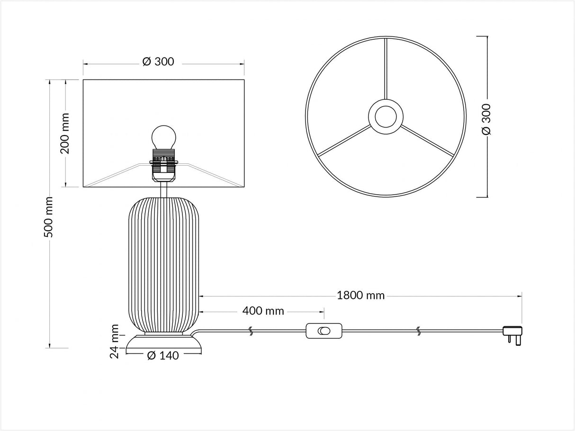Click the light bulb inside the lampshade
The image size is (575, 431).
click(x=164, y=137)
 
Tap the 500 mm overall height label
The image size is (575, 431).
click(x=48, y=217)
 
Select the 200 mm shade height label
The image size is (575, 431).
click(x=64, y=133)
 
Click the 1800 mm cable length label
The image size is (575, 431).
click(x=361, y=296)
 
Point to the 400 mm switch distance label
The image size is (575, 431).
click(x=263, y=311)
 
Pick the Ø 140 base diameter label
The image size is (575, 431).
click(x=163, y=356)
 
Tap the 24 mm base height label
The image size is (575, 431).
click(x=115, y=341)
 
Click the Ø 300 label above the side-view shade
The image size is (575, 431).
click(x=158, y=62)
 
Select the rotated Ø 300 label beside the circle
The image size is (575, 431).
click(x=486, y=119)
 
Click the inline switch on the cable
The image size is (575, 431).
click(x=324, y=331)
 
